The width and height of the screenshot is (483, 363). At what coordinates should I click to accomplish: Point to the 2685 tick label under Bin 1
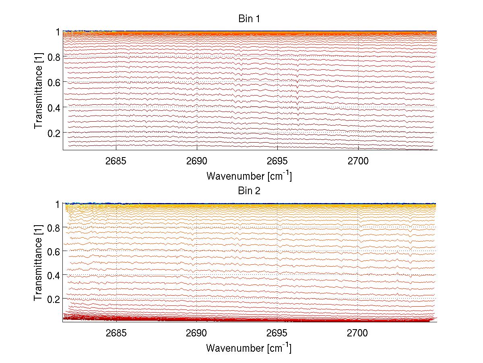click(x=116, y=161)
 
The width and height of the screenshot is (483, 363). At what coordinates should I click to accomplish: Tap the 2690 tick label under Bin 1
click(x=197, y=161)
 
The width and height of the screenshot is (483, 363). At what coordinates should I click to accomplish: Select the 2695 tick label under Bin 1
click(x=278, y=161)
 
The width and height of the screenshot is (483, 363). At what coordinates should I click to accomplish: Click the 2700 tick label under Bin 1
click(x=358, y=161)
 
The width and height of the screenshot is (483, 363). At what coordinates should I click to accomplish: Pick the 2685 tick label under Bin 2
click(x=116, y=333)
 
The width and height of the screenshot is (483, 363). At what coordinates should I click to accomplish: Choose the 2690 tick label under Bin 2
click(x=197, y=333)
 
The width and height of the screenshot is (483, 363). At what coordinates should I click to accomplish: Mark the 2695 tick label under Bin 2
click(x=278, y=333)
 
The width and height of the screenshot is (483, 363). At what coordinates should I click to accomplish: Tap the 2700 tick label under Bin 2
click(x=358, y=333)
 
